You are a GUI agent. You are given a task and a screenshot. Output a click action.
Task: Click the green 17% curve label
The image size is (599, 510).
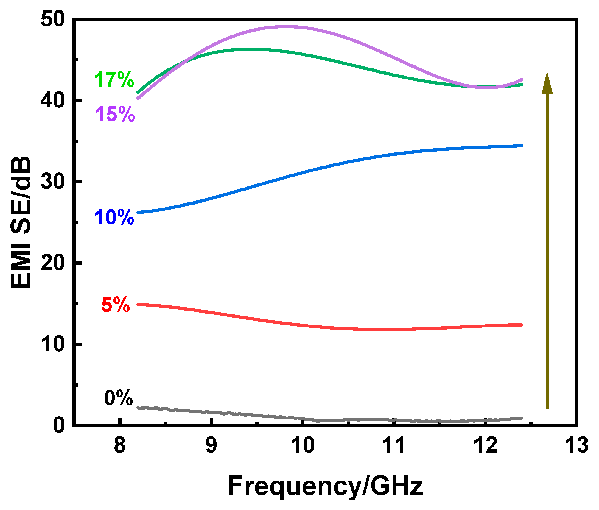[x=114, y=80]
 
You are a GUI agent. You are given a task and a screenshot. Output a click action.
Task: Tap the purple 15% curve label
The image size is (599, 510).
[x=115, y=114]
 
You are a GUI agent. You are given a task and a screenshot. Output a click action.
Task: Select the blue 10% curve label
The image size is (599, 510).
[x=114, y=217]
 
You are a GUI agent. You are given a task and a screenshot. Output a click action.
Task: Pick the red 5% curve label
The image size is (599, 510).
[x=116, y=305]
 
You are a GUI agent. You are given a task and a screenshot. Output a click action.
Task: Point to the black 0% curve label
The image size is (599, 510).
[x=118, y=398]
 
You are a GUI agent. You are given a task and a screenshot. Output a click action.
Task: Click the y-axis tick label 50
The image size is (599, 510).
[x=53, y=20]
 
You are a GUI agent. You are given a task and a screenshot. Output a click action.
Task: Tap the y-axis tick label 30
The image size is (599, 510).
[x=53, y=182]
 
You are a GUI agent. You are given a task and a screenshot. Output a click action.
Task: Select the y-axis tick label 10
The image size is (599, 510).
[x=53, y=344]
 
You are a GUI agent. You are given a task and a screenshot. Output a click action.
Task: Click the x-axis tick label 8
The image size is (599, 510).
[x=119, y=445]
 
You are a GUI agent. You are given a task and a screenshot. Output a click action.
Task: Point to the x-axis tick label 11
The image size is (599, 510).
[x=394, y=445]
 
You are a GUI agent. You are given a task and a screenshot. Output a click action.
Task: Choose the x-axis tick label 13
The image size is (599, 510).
[x=577, y=445]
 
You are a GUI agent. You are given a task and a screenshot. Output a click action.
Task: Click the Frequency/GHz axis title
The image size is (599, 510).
[x=325, y=486]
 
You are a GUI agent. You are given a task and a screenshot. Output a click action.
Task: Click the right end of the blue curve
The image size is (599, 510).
[x=522, y=146]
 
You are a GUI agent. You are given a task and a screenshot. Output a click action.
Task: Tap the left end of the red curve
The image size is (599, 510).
[x=138, y=304]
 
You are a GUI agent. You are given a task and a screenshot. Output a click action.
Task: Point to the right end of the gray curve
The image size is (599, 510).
[x=522, y=418]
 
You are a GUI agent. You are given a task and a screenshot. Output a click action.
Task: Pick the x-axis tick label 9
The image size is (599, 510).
[x=211, y=445]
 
